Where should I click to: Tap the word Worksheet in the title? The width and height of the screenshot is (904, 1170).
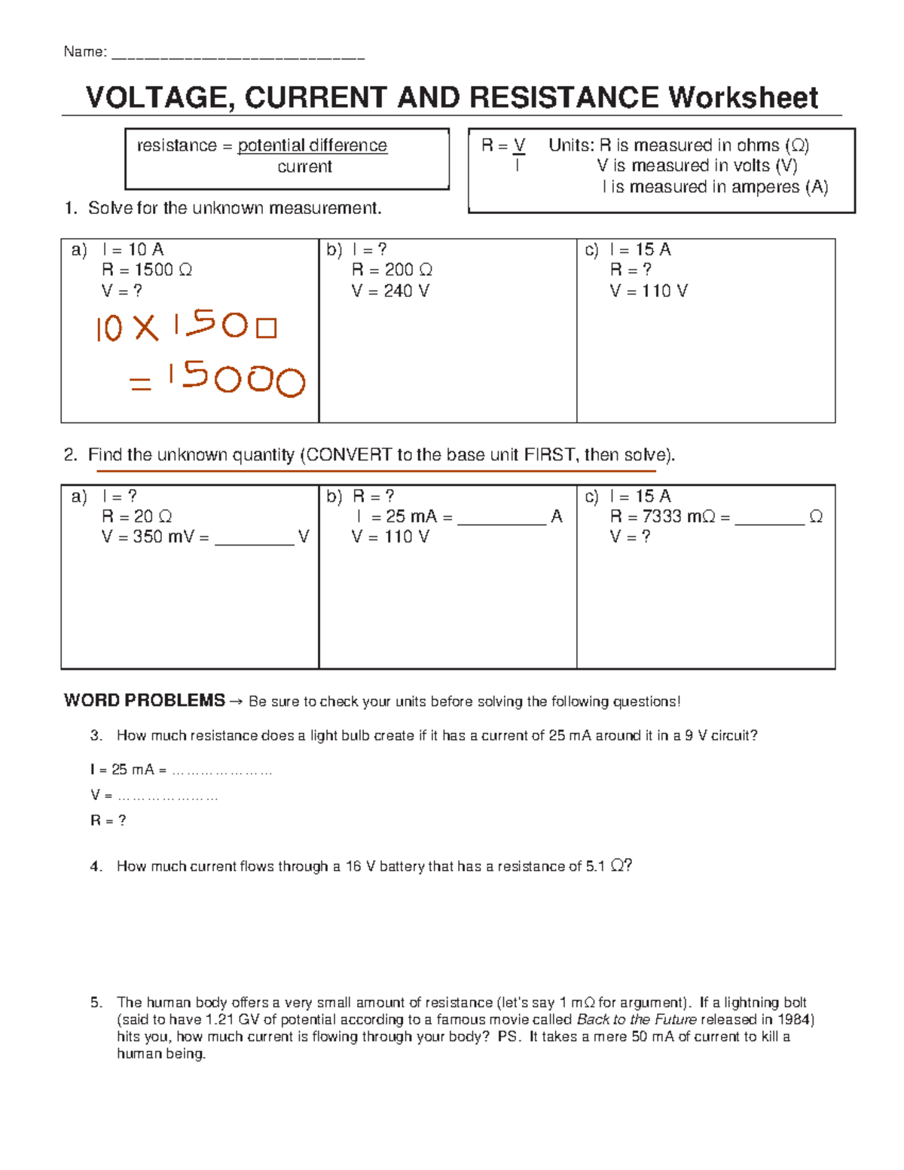point(743,98)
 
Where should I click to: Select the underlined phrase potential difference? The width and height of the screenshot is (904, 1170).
point(312,145)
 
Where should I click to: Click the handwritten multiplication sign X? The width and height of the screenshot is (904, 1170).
point(145,328)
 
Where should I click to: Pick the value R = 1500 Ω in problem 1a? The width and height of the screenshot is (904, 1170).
point(147,270)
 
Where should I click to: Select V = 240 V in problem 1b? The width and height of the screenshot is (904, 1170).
point(390,291)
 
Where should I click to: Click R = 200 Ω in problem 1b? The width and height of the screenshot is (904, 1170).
point(392,270)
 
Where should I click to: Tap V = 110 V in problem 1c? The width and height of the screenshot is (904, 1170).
point(649,291)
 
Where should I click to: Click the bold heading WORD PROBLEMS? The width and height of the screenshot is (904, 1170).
point(145,701)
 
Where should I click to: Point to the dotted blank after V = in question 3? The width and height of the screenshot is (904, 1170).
point(168,796)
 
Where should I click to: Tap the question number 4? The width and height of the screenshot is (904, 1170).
point(96,867)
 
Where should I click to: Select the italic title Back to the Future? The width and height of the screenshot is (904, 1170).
point(637,1020)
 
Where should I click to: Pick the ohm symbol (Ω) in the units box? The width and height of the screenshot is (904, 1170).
point(796,145)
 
